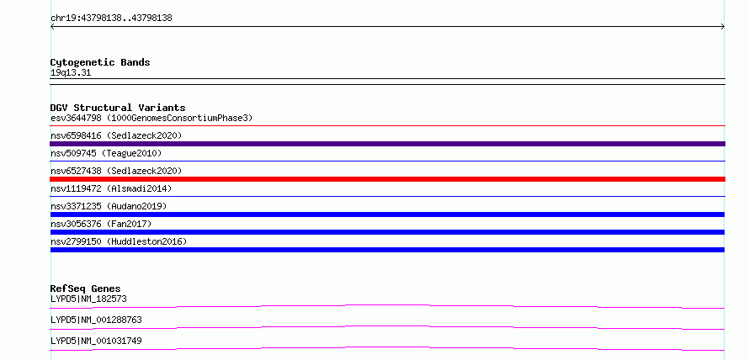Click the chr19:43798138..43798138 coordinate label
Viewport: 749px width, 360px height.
pos(111,19)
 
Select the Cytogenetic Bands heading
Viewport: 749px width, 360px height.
pos(100,62)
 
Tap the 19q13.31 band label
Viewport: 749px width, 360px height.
pos(71,73)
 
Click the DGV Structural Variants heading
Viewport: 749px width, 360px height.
pos(118,108)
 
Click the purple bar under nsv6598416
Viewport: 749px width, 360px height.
pos(387,144)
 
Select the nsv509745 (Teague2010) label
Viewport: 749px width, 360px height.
pos(106,153)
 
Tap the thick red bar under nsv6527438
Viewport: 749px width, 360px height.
pos(387,179)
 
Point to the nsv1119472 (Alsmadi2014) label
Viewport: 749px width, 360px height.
pos(111,188)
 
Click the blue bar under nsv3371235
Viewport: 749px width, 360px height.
pos(387,214)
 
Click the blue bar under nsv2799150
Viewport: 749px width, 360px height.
pos(387,250)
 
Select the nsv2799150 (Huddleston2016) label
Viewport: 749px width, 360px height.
pos(119,241)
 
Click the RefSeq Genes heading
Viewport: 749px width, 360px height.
pos(86,289)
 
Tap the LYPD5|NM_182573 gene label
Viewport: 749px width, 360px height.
pos(88,299)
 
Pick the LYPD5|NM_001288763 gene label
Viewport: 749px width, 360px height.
pos(96,320)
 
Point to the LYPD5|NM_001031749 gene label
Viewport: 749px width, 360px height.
pos(96,341)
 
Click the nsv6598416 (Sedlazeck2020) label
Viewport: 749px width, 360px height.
pos(116,135)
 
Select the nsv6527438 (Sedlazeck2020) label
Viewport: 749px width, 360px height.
pos(116,171)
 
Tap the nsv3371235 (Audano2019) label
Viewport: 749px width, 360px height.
pos(109,206)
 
